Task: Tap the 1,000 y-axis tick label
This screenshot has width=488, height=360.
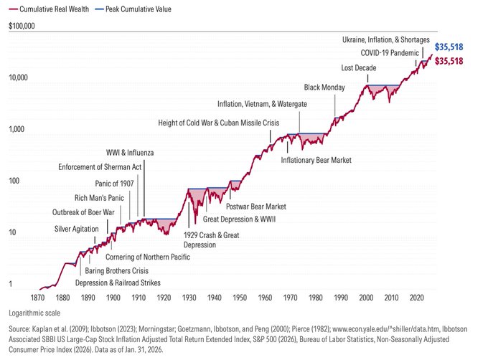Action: (x=17, y=130)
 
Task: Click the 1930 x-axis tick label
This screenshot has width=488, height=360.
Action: (x=190, y=296)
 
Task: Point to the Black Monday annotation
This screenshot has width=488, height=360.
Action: (x=324, y=87)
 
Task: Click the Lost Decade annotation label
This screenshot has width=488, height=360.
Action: (x=357, y=68)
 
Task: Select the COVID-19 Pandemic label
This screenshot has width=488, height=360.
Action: (x=390, y=53)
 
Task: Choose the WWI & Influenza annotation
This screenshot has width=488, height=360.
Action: (x=130, y=153)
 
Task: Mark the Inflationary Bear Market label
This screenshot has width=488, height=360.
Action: (x=316, y=159)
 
